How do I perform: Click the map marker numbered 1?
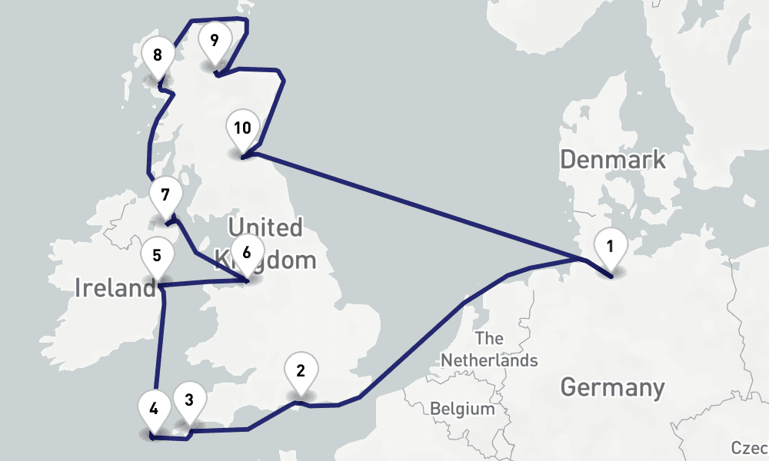[x=610, y=247]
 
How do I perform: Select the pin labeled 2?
[x=301, y=370]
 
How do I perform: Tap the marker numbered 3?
[x=189, y=399]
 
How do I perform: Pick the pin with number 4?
[x=155, y=408]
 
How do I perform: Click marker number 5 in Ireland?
[x=157, y=255]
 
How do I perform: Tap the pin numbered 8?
[x=158, y=56]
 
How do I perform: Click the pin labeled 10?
[x=242, y=128]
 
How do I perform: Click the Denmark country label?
[x=612, y=160]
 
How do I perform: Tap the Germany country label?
[x=612, y=387]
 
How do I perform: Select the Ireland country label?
[x=115, y=289]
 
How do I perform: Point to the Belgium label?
[x=462, y=409]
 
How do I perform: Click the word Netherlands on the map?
[x=489, y=360]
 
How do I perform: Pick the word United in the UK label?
[x=265, y=228]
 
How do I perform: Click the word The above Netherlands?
[x=489, y=338]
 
